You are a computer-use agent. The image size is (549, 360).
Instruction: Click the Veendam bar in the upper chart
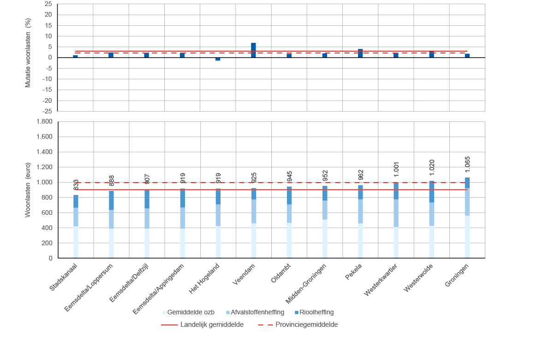coord(253,50)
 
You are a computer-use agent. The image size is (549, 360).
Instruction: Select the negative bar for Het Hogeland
coord(218,59)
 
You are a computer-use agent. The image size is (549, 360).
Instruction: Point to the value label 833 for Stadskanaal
coord(76,184)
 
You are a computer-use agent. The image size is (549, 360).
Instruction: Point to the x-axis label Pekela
coord(354,272)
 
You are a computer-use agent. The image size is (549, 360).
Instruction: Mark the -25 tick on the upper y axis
coord(48,111)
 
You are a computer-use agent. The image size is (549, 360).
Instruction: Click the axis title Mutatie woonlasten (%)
coord(28,53)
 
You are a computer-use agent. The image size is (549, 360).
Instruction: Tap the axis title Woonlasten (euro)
coord(28,189)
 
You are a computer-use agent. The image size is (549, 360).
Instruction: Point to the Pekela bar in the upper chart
coord(360,53)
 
